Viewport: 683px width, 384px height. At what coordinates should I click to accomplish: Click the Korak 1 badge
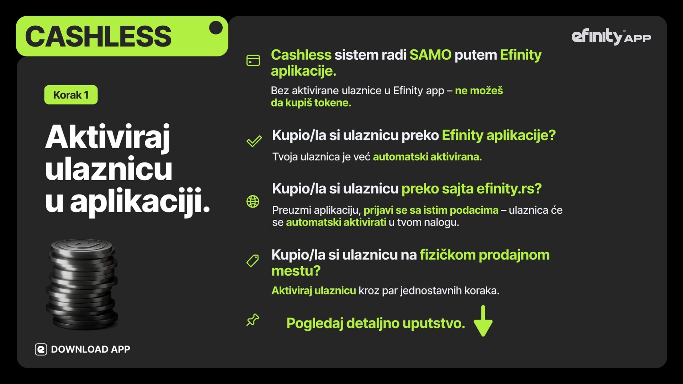(x=71, y=95)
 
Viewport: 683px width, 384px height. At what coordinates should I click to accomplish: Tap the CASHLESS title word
(x=98, y=36)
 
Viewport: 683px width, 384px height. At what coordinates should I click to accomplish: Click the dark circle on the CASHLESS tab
(x=216, y=28)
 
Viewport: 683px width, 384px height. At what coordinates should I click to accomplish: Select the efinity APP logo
(x=611, y=37)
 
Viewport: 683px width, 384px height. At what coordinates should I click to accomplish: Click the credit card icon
(x=253, y=60)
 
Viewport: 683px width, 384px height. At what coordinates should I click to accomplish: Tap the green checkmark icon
(x=254, y=141)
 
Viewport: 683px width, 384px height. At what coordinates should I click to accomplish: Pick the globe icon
(x=253, y=202)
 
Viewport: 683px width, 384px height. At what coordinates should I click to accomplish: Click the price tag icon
(x=253, y=261)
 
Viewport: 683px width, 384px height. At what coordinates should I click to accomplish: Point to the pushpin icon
(x=253, y=320)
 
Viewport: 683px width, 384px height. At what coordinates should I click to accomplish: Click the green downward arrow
(x=483, y=321)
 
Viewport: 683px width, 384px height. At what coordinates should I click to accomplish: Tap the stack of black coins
(x=82, y=284)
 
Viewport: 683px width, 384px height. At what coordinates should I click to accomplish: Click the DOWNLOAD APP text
(x=90, y=349)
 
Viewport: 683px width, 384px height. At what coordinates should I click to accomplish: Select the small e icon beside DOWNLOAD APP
(x=41, y=350)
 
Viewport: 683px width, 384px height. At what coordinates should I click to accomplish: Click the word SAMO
(x=430, y=55)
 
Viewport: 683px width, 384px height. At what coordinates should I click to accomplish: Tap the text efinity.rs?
(x=509, y=188)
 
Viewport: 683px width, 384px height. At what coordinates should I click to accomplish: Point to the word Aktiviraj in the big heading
(x=108, y=138)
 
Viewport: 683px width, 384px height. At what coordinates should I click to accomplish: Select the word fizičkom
(x=448, y=255)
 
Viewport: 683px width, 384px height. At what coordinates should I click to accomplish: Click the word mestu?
(x=296, y=271)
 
